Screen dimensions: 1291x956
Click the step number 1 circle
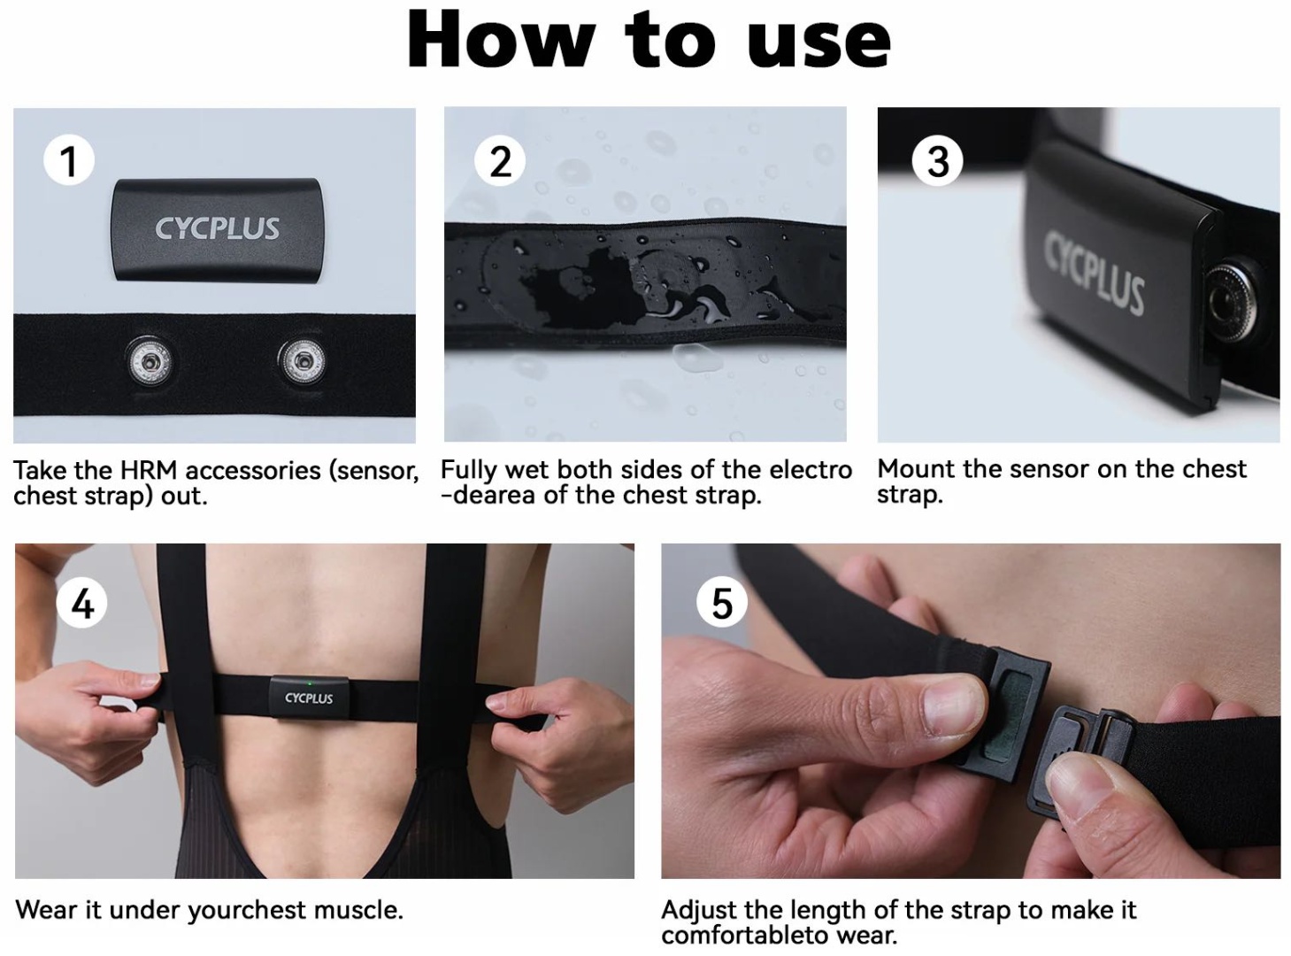(x=69, y=161)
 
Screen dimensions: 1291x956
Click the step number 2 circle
(x=500, y=161)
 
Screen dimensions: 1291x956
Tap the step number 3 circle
(x=937, y=161)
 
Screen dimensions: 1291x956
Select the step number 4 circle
(x=82, y=603)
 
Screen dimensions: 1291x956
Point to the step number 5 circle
(x=722, y=603)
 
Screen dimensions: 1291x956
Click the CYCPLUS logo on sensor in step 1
(x=217, y=228)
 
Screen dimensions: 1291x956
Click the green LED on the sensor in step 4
(x=309, y=683)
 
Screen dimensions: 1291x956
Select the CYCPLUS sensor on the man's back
(x=309, y=697)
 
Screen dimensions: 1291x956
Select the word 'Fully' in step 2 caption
(x=469, y=470)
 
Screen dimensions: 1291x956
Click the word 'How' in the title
(x=501, y=41)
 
